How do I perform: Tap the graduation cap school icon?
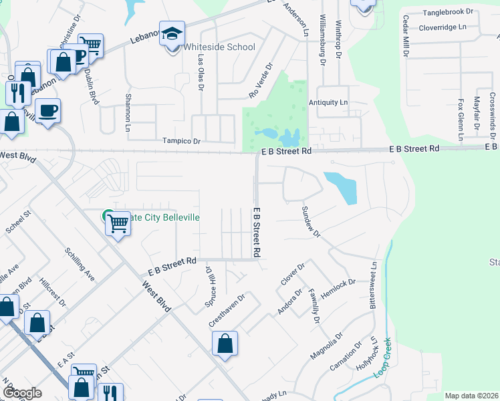coord(172,33)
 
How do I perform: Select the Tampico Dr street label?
coord(182,142)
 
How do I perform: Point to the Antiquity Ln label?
coord(328,102)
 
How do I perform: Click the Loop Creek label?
coord(382,361)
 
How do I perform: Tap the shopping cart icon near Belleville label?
coord(118,223)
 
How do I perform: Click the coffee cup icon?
coord(48,110)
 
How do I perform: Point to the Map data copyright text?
coord(471,396)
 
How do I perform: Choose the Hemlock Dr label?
coord(338,283)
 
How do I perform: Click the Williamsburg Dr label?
coord(322,40)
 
